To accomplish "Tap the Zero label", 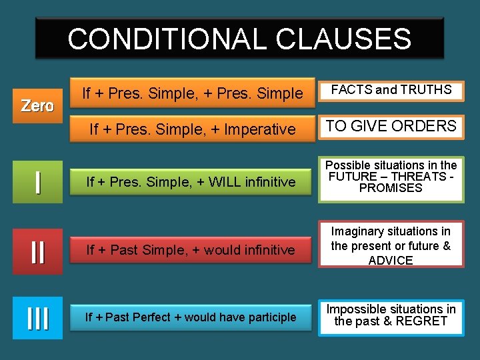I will (x=37, y=105).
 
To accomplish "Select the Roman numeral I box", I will (x=37, y=181).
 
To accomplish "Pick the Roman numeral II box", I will (x=37, y=252).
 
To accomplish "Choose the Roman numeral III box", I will (x=37, y=318).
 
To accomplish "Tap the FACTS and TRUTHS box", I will (x=391, y=90).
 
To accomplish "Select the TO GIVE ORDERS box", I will (x=391, y=126).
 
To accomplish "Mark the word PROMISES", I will (x=391, y=188).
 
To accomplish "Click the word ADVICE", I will (x=391, y=260).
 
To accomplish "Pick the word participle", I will (x=266, y=317).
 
